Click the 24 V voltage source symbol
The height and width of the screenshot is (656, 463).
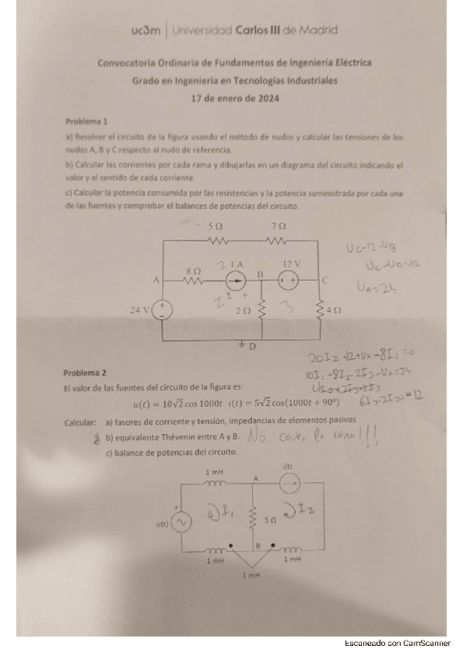(162, 310)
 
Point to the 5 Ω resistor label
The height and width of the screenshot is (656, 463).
(216, 226)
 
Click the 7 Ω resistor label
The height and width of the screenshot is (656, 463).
(279, 226)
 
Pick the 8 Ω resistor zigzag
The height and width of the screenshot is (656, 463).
(192, 281)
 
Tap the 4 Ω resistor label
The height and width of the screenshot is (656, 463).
(334, 309)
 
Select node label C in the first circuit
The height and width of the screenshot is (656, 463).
(325, 280)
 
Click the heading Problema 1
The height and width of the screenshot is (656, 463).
(87, 121)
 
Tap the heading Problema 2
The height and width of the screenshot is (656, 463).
(87, 371)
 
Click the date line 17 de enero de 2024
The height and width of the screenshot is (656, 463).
(235, 98)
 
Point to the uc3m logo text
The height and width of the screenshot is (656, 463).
(146, 31)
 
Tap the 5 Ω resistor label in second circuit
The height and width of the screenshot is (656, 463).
(270, 522)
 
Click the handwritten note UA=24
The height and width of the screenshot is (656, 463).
(380, 289)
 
